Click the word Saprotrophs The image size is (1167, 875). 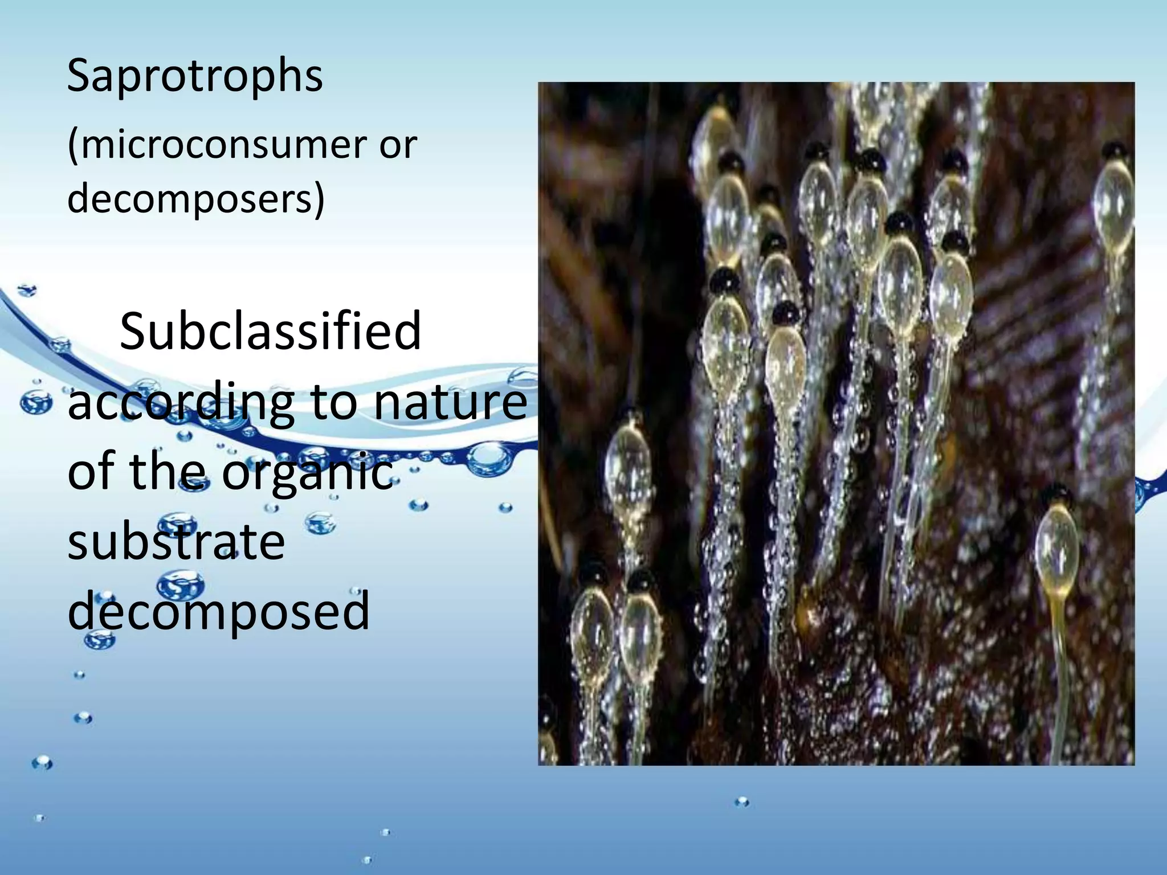tap(195, 76)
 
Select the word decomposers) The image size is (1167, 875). tap(196, 199)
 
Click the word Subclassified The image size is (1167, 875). tap(270, 332)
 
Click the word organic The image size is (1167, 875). tap(307, 473)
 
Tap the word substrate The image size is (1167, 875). tap(176, 542)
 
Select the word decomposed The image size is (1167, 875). tap(219, 611)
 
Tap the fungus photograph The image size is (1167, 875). tap(836, 423)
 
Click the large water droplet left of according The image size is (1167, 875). tap(35, 403)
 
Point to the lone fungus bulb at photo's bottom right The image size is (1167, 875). tap(1058, 550)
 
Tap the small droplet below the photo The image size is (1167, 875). tap(742, 802)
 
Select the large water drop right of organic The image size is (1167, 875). tap(488, 459)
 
